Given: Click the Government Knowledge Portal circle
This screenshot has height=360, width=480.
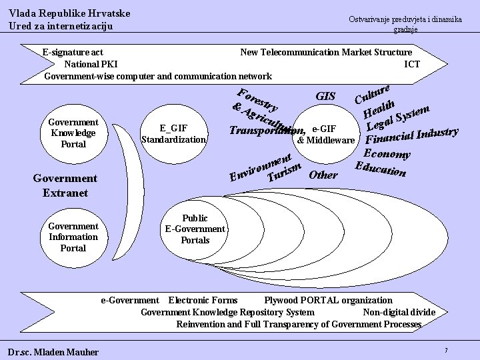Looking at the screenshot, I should coord(73,133).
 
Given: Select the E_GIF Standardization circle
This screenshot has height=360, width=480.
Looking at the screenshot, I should coord(174,133).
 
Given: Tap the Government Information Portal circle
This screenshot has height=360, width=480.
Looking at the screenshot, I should coord(73,237).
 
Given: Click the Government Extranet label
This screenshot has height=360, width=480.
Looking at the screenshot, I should coord(65,185).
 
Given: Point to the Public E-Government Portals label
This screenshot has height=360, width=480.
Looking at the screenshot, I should coord(195,229).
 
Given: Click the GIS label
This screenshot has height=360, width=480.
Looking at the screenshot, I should coord(325,97).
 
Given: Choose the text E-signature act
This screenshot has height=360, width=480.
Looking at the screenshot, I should coord(72,52).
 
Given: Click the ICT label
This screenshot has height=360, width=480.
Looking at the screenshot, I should coord(412,64).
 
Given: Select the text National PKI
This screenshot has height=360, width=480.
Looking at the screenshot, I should coord(91,64).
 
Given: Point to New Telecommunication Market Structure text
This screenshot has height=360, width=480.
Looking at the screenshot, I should coord(325,52).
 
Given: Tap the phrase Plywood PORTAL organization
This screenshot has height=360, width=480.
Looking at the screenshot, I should coord(328,301).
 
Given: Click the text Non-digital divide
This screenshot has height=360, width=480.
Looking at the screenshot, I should coord(399,312).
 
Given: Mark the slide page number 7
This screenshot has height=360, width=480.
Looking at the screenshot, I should coord(445,350).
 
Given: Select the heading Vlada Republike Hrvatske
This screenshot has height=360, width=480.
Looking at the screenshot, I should coord(69,13).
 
